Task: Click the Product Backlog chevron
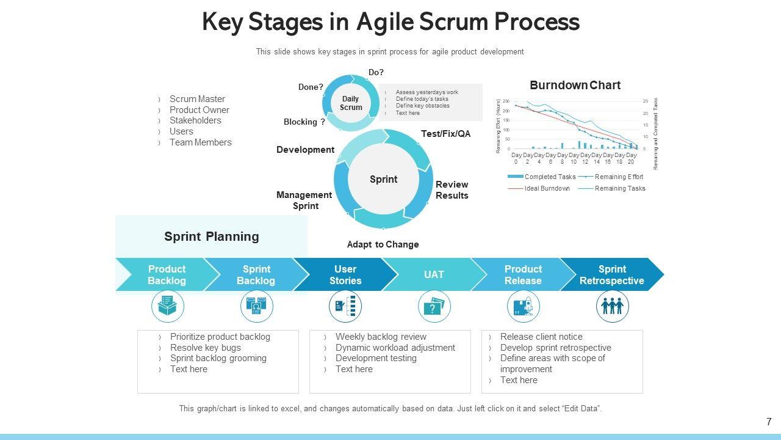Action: (x=166, y=275)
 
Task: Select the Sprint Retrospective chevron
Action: (x=611, y=275)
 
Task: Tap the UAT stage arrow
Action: (x=434, y=275)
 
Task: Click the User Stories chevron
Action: (x=345, y=275)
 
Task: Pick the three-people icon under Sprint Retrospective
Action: (x=612, y=307)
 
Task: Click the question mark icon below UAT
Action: (x=434, y=307)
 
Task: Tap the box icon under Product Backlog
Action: (x=167, y=307)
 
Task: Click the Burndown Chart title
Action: (x=575, y=86)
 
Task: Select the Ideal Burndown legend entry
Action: (x=547, y=188)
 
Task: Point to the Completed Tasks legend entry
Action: (x=549, y=177)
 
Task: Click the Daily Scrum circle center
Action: (x=351, y=103)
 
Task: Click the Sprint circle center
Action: (x=383, y=179)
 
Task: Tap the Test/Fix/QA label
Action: (x=445, y=134)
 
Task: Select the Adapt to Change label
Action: (x=383, y=244)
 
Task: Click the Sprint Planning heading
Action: (x=211, y=237)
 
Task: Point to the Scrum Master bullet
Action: (x=197, y=99)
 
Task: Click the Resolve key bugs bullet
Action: (x=205, y=348)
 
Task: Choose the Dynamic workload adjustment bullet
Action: (x=395, y=348)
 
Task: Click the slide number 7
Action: (x=769, y=422)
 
